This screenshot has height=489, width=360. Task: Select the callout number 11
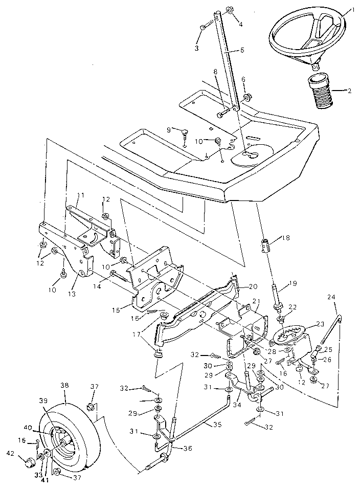click(81, 195)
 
